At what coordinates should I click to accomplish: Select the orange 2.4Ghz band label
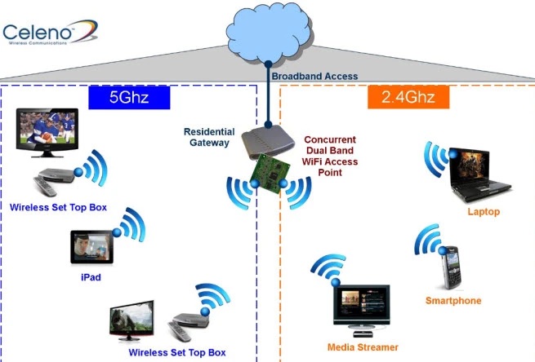click(x=414, y=99)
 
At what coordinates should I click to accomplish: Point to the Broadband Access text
click(x=315, y=76)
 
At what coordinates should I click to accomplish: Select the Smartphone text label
click(x=453, y=301)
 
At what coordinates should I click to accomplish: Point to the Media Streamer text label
click(x=363, y=347)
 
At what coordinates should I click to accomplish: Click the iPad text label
click(x=91, y=277)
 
